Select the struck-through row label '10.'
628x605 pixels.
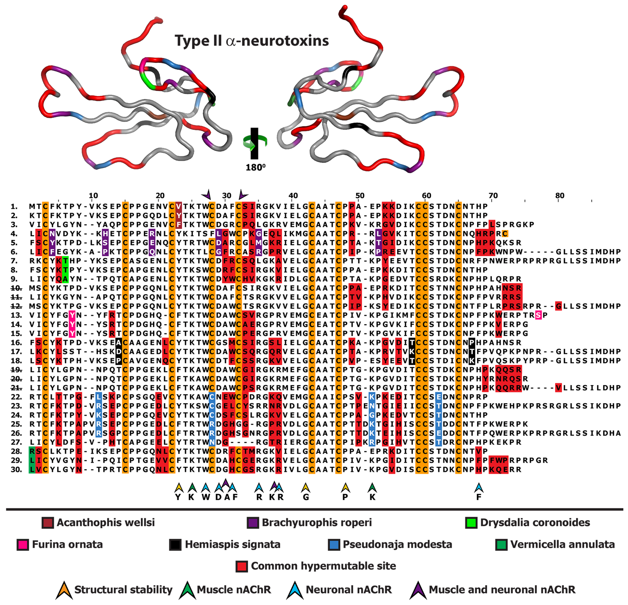tap(16, 288)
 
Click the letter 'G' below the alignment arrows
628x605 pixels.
tap(306, 497)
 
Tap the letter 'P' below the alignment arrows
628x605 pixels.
tap(345, 497)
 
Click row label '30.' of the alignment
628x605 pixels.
tap(16, 470)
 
